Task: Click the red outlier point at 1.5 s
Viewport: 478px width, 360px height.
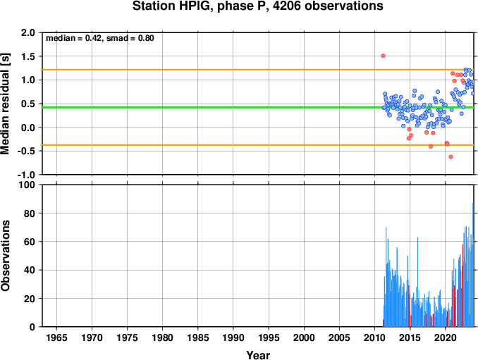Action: click(x=384, y=56)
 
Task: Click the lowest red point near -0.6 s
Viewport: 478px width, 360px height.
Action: click(x=451, y=157)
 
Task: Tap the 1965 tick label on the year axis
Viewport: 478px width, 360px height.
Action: click(x=56, y=337)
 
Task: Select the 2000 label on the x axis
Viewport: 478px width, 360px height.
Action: click(x=304, y=337)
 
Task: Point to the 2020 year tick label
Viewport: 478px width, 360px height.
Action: click(x=446, y=337)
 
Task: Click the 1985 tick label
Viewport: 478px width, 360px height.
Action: click(x=198, y=337)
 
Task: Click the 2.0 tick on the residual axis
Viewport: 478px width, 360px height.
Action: click(x=28, y=32)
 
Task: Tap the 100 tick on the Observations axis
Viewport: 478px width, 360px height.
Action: click(x=27, y=185)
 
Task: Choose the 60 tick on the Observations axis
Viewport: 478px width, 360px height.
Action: click(x=30, y=242)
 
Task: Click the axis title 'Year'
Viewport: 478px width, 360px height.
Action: click(x=258, y=355)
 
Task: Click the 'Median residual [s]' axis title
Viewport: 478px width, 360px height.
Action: click(x=5, y=104)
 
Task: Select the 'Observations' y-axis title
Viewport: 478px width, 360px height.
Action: click(x=5, y=256)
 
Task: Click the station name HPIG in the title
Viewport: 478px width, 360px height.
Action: click(x=195, y=6)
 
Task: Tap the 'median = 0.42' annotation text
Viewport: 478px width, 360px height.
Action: click(x=73, y=38)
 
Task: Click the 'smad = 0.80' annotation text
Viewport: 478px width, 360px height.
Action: click(x=130, y=38)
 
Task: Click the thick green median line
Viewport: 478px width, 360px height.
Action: click(x=258, y=107)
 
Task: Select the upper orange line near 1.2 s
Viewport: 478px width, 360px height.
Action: click(x=258, y=70)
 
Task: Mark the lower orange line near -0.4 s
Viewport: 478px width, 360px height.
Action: click(x=258, y=145)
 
